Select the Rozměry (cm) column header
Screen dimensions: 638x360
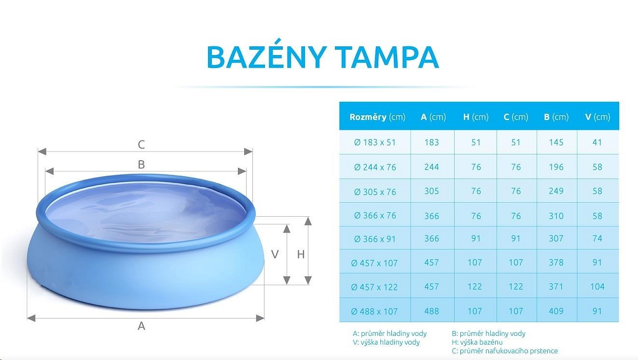coord(377,117)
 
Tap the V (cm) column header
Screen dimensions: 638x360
coord(597,117)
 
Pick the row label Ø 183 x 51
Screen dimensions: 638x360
coord(375,142)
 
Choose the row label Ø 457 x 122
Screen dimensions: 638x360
coord(374,287)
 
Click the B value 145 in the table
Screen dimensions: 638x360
coord(556,142)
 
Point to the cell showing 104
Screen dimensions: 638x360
coord(597,287)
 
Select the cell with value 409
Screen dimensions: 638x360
coord(556,311)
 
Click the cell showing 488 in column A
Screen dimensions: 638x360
coord(431,311)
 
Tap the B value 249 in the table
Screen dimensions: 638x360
coord(556,191)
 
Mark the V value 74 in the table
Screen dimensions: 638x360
coord(597,238)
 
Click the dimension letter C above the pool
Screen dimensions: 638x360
coord(141,145)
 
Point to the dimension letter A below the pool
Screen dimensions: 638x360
coord(141,326)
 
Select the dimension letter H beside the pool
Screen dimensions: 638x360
coord(301,254)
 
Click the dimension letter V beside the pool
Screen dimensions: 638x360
coord(275,254)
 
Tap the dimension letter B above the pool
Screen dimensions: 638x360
coord(141,165)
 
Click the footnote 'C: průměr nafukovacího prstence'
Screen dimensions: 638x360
coord(505,351)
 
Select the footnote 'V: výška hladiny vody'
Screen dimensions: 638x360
coord(386,342)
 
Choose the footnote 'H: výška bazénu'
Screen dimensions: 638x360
coord(477,342)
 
